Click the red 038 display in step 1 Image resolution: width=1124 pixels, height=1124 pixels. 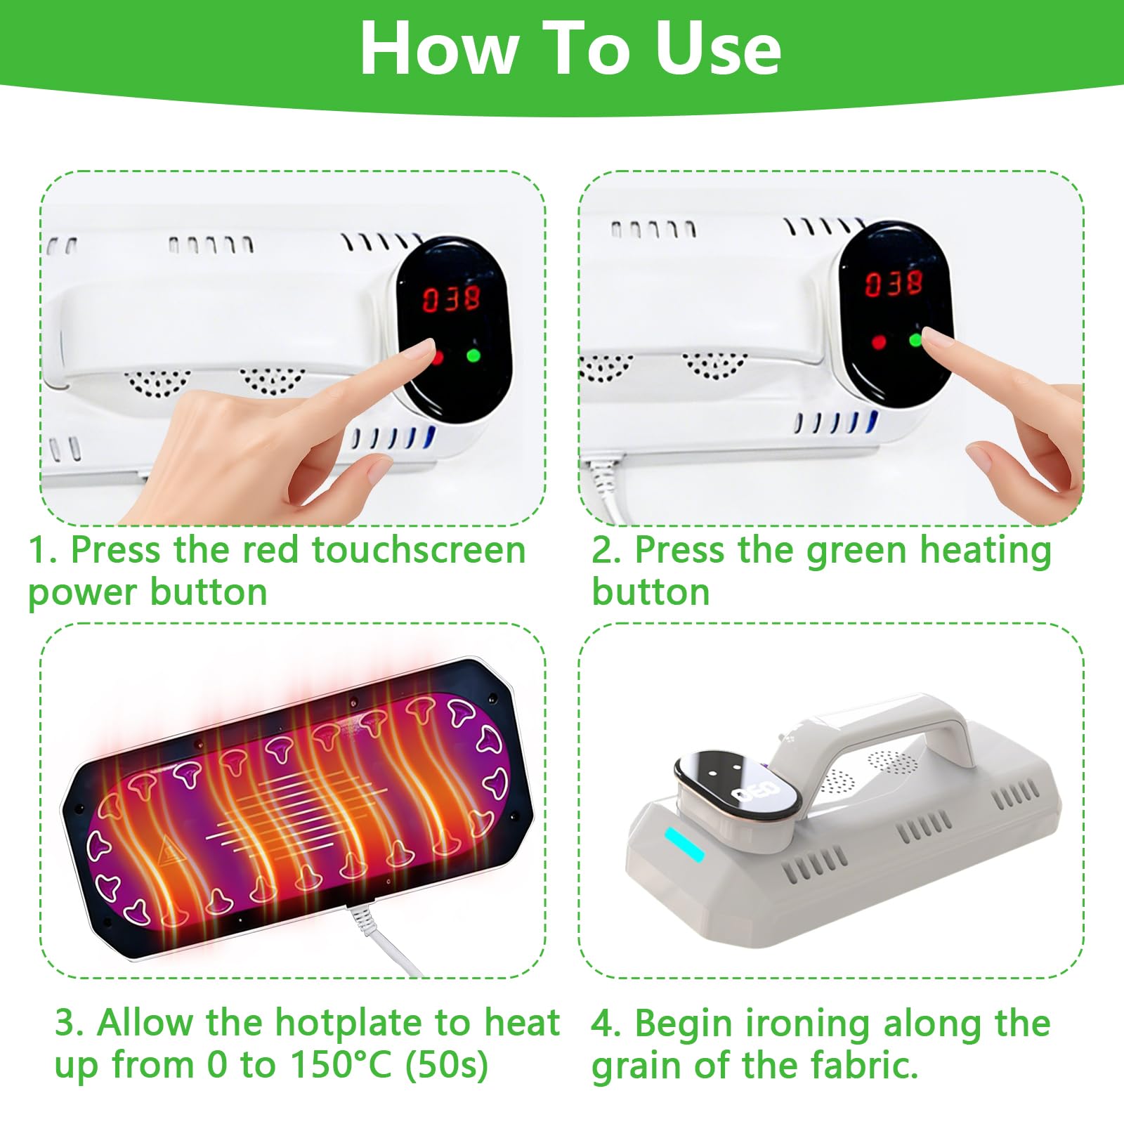coord(451,299)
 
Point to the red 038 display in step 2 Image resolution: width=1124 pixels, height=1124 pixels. coord(894,282)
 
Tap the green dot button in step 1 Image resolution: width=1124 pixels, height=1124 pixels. coord(473,355)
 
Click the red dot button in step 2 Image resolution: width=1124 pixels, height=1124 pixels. coord(878,342)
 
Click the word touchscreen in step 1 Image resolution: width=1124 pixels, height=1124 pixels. coord(419,549)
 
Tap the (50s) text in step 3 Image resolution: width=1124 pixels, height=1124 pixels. coord(447,1065)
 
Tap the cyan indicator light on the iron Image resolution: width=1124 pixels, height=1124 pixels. coord(685,844)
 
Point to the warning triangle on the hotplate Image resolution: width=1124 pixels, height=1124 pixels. coord(169,851)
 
